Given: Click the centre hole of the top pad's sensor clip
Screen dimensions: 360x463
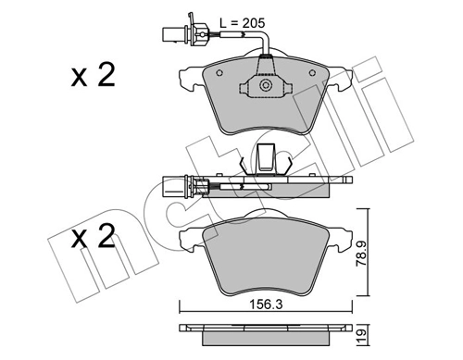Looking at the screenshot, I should (266, 86).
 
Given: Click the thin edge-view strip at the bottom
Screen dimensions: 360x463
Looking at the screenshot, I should (267, 331).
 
